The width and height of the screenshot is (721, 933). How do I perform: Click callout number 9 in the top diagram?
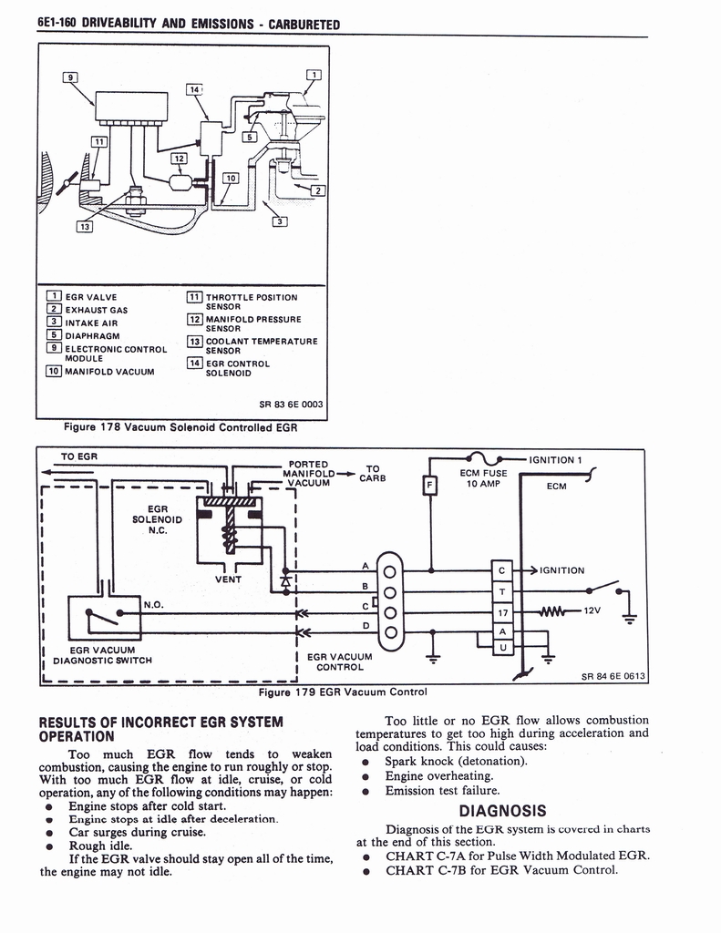coord(68,77)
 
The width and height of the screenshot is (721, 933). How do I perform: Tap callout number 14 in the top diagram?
coord(194,89)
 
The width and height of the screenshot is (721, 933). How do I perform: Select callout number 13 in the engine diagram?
coord(84,226)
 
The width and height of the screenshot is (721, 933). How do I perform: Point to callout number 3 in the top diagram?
coord(281,220)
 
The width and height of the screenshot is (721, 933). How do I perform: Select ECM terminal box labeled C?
coord(502,570)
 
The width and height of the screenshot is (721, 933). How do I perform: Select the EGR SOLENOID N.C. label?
coord(158,518)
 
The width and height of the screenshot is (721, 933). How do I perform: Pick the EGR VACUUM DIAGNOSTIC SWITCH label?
coord(102,655)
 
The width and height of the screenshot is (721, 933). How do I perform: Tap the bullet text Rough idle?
coord(100,846)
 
